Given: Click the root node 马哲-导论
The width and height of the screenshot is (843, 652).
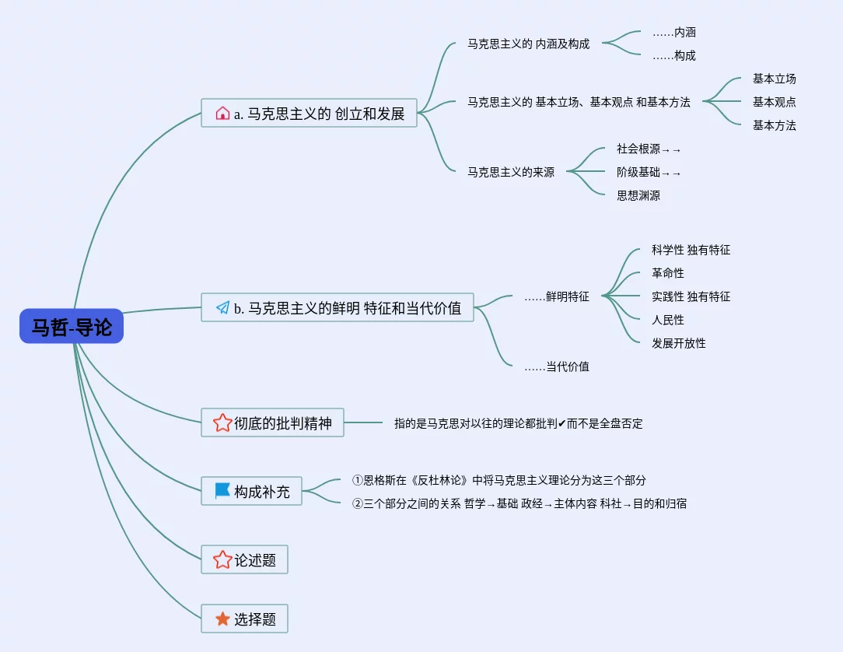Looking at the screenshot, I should [72, 327].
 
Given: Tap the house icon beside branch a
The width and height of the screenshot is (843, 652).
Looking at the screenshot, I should [222, 114].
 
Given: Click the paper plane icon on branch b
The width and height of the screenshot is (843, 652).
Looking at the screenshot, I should [222, 308].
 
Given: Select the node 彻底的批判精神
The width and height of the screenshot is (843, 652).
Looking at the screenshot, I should [272, 423].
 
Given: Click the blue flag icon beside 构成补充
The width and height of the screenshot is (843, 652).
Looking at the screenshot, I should [222, 491].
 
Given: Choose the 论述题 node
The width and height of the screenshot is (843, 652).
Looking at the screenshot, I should [244, 559].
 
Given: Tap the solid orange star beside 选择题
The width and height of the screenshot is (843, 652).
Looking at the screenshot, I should [222, 619].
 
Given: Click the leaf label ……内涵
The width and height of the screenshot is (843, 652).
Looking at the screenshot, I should [673, 33].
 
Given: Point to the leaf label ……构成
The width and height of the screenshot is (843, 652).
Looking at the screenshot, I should [673, 56].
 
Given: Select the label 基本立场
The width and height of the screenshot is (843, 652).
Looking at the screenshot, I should [774, 79].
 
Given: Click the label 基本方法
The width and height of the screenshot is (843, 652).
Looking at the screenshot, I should [774, 125].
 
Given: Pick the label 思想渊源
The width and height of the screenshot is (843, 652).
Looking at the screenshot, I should [638, 196].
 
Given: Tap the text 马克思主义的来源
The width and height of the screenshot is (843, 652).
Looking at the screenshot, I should [510, 173].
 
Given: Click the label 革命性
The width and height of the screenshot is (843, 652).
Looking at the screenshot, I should [668, 273].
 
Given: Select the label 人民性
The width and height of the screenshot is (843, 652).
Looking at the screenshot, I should [668, 320].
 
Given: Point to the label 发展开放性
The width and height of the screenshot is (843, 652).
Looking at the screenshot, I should [679, 343].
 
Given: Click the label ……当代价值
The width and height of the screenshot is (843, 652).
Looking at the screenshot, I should [556, 366].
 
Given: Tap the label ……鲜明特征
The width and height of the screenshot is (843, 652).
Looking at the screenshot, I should [556, 296].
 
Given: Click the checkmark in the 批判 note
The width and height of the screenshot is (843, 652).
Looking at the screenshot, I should [561, 424].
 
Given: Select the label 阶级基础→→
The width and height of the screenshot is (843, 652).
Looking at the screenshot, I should [649, 173].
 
